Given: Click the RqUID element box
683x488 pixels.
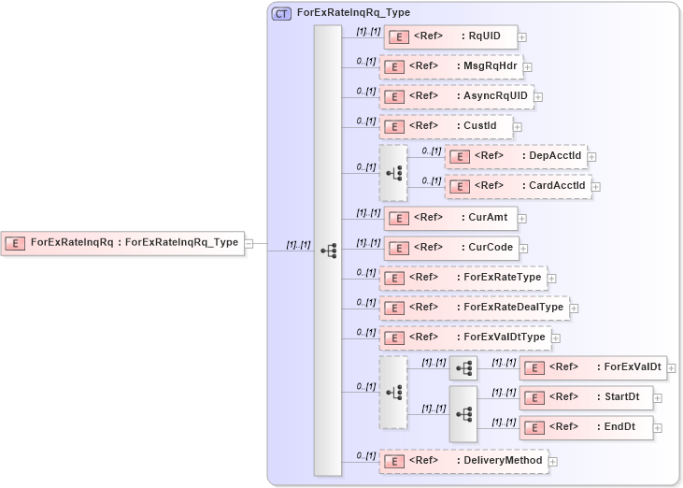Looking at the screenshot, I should pyautogui.click(x=449, y=37).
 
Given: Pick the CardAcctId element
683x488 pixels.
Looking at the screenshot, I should pyautogui.click(x=517, y=186).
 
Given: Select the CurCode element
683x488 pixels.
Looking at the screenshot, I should pyautogui.click(x=452, y=248).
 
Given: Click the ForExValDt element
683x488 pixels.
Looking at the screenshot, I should pyautogui.click(x=591, y=368).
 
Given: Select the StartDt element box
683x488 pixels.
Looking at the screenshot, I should pyautogui.click(x=586, y=397).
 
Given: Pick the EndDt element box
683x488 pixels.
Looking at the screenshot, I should pyautogui.click(x=586, y=427).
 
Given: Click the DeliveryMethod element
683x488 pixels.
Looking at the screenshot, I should pyautogui.click(x=462, y=461).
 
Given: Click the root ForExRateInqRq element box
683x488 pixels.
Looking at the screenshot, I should pyautogui.click(x=121, y=243).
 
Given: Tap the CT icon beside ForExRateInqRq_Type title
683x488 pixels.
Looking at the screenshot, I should pyautogui.click(x=280, y=14).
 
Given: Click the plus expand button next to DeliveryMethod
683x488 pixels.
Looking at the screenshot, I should pyautogui.click(x=553, y=461).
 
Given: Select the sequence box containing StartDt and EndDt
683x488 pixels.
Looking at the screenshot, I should pyautogui.click(x=462, y=413).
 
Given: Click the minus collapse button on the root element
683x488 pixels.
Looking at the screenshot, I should pyautogui.click(x=249, y=243).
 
